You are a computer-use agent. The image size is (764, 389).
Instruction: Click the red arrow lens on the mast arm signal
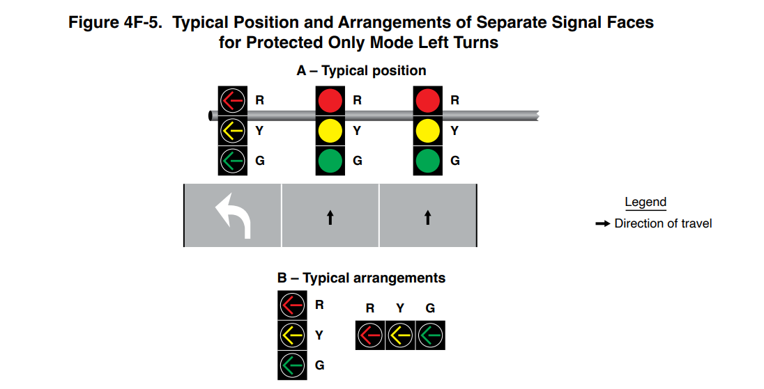pos(232,100)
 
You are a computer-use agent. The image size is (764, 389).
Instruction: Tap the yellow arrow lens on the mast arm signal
pos(232,130)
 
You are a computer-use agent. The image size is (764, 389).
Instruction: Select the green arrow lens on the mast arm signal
pos(232,161)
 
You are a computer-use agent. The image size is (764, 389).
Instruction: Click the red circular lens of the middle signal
pos(330,100)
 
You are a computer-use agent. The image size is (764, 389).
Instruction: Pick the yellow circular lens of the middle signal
pos(330,130)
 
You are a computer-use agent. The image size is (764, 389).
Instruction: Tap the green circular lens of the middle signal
pos(330,161)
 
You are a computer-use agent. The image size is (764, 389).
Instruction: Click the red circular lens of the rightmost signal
pos(427,100)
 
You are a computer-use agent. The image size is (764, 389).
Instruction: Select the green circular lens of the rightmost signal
pos(427,161)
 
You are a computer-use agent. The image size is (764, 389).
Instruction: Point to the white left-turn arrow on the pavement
pos(233,216)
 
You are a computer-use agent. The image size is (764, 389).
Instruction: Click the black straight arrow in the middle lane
pos(330,218)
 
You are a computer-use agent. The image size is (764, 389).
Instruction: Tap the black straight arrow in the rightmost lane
pos(428,218)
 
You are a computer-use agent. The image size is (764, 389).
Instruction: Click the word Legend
pos(645,203)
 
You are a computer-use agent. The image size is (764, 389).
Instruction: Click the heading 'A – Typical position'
pos(361,71)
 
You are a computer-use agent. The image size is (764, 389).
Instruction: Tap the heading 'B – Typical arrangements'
pos(361,278)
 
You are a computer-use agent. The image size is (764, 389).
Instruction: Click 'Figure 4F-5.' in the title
pos(117,23)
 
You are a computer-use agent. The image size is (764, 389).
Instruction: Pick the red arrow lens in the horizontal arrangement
pos(369,335)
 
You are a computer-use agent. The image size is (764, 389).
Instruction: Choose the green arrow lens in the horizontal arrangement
pos(430,335)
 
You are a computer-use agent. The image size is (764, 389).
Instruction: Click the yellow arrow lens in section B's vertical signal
pos(291,335)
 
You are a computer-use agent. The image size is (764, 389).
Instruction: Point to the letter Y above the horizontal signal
pos(400,308)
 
